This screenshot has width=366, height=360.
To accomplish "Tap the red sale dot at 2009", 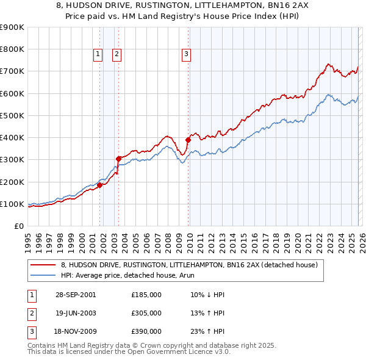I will pyautogui.click(x=188, y=140).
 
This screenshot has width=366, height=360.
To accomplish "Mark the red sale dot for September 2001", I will pyautogui.click(x=99, y=185).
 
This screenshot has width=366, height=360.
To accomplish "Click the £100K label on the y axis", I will pyautogui.click(x=12, y=204).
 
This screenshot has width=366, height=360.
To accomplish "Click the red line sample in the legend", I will pyautogui.click(x=43, y=265).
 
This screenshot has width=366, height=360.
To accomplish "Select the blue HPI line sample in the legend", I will pyautogui.click(x=43, y=276).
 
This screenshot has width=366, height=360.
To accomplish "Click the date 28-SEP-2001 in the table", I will pyautogui.click(x=75, y=295).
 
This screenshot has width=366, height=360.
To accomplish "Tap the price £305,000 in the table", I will pyautogui.click(x=146, y=313).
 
